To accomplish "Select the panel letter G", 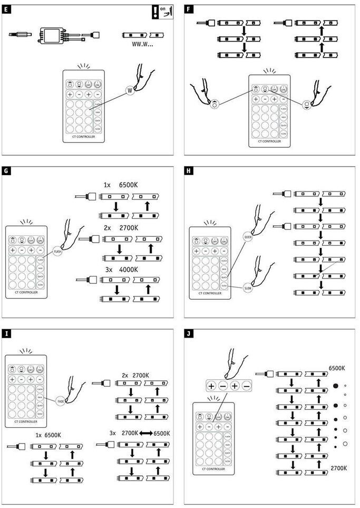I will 5,171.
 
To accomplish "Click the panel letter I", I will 5,333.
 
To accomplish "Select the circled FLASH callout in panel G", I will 59,252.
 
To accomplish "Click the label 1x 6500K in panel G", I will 121,186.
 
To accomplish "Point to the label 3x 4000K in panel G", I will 121,270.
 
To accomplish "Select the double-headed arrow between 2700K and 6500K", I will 146,433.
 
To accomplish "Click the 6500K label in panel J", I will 337,368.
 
